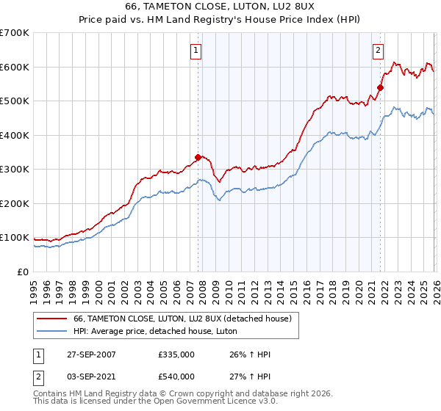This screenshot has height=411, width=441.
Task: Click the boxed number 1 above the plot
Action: (197, 51)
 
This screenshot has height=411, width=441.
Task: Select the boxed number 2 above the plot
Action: (378, 51)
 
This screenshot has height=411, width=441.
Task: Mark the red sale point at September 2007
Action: (198, 157)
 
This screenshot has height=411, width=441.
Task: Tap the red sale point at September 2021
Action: (380, 87)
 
